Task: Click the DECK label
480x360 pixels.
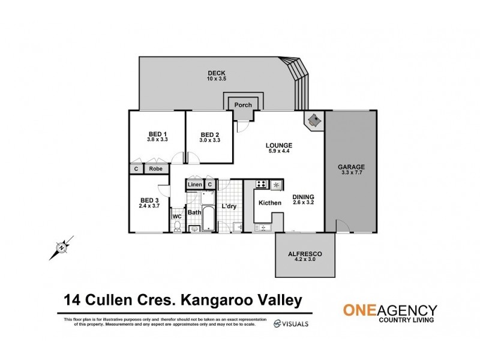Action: [x=217, y=73]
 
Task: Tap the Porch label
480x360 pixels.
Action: [x=243, y=105]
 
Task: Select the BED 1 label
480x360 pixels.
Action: [x=157, y=134]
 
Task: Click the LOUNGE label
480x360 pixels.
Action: [x=280, y=145]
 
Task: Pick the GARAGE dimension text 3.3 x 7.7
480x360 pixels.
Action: [x=351, y=173]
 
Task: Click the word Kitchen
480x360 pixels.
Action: [x=270, y=203]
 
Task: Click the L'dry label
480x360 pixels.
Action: [x=229, y=207]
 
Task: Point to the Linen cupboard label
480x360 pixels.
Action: [x=195, y=185]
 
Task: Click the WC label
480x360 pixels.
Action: [x=177, y=216]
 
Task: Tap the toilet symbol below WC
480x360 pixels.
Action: [x=177, y=227]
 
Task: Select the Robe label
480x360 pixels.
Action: [x=156, y=169]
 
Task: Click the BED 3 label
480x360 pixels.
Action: [x=149, y=200]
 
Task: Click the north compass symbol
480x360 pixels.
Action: [x=61, y=246]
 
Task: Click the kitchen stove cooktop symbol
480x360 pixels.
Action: [x=262, y=184]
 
